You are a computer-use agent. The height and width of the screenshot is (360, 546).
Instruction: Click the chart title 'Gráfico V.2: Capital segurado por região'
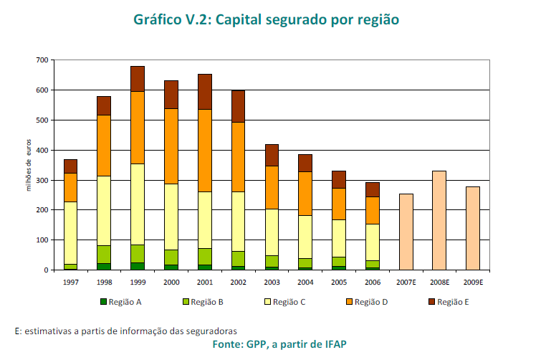point(266,19)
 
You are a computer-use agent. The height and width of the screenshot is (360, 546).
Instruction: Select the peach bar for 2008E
point(439,220)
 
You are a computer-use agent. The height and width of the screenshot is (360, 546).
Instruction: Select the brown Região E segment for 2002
point(238,106)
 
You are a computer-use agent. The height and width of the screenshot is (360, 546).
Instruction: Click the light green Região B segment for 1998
point(104,255)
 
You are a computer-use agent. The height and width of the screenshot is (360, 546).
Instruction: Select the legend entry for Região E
point(449,302)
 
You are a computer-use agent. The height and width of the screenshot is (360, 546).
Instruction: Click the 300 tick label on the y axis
point(41,180)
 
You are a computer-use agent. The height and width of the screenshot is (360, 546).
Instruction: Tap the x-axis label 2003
point(272,282)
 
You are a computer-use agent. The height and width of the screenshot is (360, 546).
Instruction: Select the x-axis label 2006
point(372,282)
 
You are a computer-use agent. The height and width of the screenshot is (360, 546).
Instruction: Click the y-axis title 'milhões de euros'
point(29,166)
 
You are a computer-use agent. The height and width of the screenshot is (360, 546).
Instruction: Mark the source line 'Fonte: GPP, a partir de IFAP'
point(279,344)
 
